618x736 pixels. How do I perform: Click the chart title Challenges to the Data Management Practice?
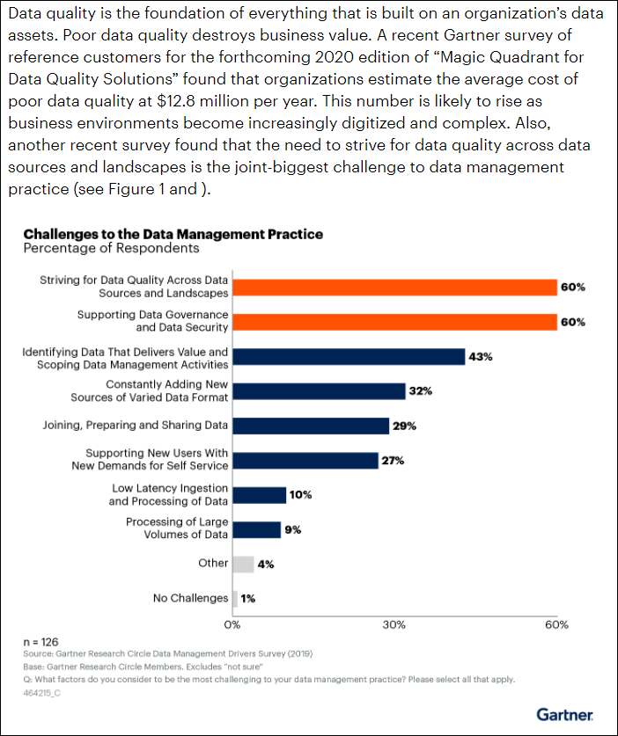point(173,234)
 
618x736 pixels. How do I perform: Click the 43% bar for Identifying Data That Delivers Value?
point(349,356)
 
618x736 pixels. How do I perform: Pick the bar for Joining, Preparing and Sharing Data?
point(311,426)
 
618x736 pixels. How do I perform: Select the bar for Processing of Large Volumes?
point(256,529)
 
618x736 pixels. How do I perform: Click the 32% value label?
point(421,391)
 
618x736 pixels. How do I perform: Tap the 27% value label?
point(392,460)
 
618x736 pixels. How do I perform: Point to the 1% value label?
point(248,599)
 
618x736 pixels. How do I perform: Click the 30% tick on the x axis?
point(394,624)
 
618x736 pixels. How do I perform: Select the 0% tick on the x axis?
point(232,624)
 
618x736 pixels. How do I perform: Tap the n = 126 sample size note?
point(40,642)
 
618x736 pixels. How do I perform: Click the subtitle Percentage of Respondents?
point(111,249)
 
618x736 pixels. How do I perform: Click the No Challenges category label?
point(190,599)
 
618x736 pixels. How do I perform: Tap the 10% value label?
point(301,495)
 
